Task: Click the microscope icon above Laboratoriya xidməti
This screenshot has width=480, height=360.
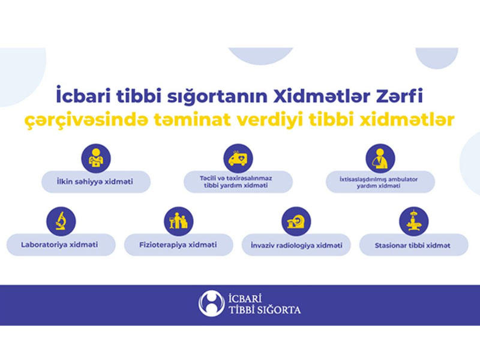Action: [61, 221]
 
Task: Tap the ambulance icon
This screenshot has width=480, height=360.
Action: [238, 158]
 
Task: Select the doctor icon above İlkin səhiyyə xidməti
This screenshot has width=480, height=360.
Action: [96, 158]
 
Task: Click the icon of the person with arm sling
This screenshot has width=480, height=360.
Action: [380, 158]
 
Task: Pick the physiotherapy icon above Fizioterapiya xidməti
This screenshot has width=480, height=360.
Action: [178, 221]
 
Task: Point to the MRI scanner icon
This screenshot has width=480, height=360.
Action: [296, 221]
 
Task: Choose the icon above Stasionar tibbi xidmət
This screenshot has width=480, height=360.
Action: [413, 221]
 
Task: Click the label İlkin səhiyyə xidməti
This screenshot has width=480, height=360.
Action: [95, 182]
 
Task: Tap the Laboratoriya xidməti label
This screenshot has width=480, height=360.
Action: [59, 245]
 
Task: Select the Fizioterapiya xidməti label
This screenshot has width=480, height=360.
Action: [178, 245]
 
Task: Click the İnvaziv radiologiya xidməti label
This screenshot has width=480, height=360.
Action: [296, 245]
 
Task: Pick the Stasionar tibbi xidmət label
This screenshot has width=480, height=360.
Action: [412, 245]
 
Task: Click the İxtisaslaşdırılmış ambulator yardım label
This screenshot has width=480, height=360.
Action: [379, 182]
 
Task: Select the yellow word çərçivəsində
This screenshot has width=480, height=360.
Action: [86, 121]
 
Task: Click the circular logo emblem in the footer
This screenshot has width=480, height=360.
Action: [211, 304]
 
